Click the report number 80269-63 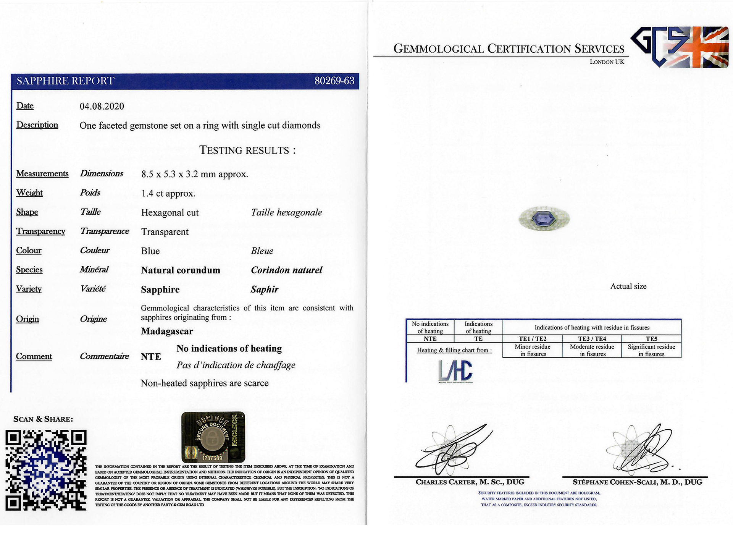pos(334,81)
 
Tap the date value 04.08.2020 pos(102,106)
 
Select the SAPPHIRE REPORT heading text pos(65,81)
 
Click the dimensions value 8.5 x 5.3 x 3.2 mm pos(195,174)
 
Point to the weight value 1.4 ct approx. pos(168,193)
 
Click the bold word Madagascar pos(167,331)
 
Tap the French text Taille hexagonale pos(286,212)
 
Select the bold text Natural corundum pos(180,270)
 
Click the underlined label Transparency pos(40,231)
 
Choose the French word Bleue pos(262,251)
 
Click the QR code pos(46,470)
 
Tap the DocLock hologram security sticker pos(213,437)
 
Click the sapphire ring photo pos(544,218)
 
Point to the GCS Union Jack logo pos(680,47)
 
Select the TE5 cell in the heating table pos(651,339)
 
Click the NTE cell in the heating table pos(430,339)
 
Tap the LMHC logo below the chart pos(455,371)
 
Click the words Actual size pos(628,286)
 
